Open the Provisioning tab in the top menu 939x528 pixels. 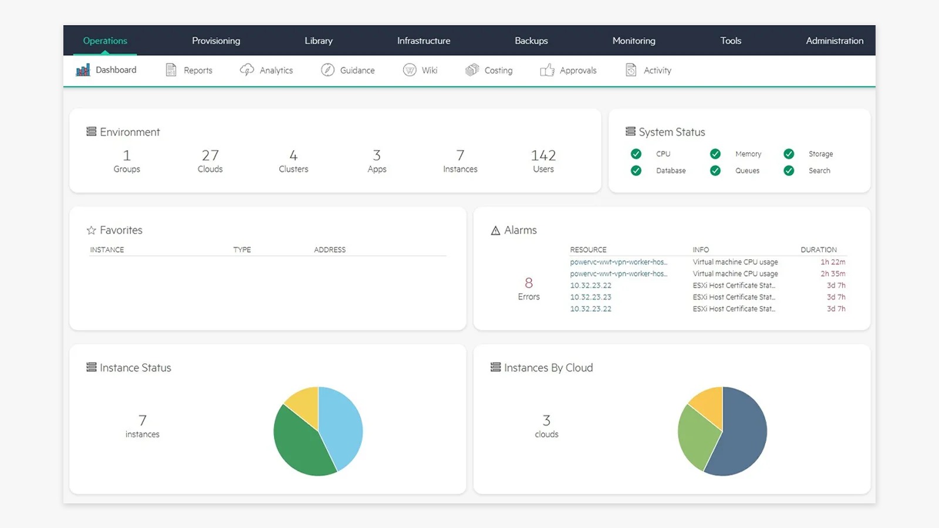(x=216, y=40)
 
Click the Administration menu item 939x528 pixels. (x=834, y=40)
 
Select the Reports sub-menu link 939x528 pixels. (x=198, y=70)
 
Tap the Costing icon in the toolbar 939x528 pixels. (x=472, y=70)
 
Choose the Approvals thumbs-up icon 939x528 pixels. (x=547, y=70)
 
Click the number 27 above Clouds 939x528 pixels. (x=210, y=155)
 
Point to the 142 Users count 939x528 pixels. (x=543, y=155)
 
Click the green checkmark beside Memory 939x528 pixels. (x=715, y=154)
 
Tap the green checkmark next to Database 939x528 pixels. (x=636, y=171)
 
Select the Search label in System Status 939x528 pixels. (x=819, y=171)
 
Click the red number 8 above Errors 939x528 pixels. (x=529, y=283)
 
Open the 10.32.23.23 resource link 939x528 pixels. (x=590, y=297)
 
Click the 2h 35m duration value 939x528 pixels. (x=833, y=273)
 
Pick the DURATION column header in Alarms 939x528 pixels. (x=818, y=250)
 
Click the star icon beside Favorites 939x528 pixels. (x=91, y=230)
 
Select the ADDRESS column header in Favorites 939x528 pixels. (x=329, y=250)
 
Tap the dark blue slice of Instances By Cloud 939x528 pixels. (x=742, y=436)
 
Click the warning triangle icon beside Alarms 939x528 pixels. (x=495, y=231)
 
